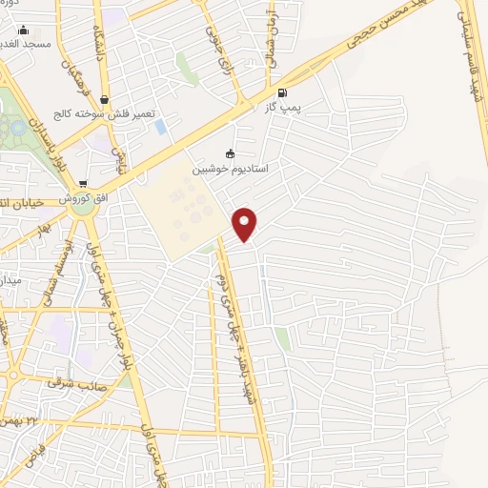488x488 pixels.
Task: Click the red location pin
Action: click(245, 223)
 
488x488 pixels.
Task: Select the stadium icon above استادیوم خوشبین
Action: click(229, 154)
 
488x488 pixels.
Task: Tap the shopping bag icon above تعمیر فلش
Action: click(104, 98)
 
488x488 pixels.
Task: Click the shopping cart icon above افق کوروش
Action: click(84, 184)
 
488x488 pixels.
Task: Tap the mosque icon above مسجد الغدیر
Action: click(23, 30)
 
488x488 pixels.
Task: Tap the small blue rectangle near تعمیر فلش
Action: click(159, 126)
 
